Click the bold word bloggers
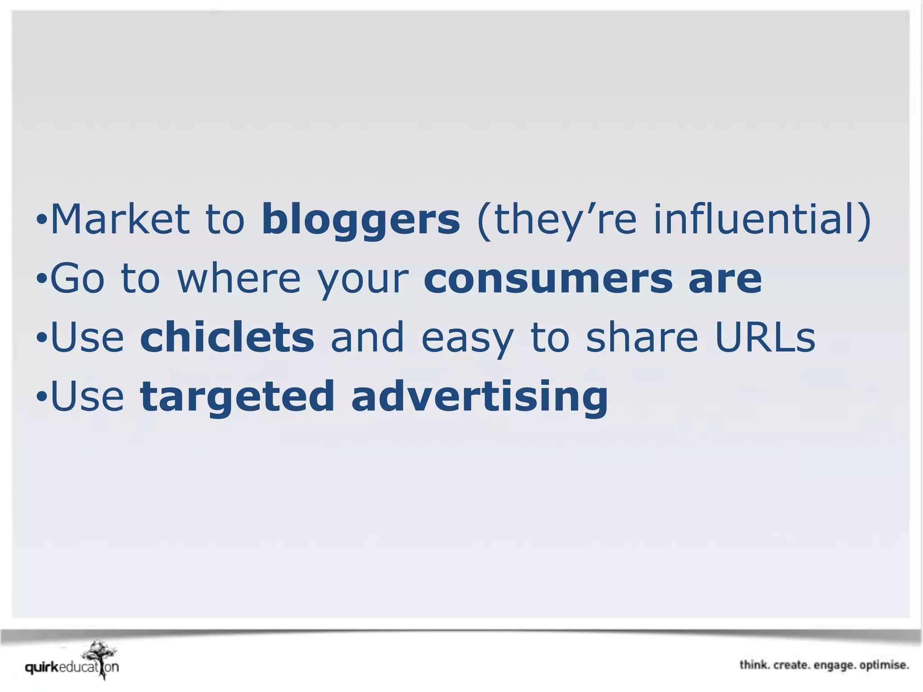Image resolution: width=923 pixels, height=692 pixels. (x=361, y=219)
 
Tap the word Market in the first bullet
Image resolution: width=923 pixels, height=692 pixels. (x=120, y=219)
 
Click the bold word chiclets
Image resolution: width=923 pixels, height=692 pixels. (x=227, y=338)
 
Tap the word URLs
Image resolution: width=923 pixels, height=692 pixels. (x=765, y=338)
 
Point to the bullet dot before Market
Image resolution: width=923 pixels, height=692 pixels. (x=41, y=221)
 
